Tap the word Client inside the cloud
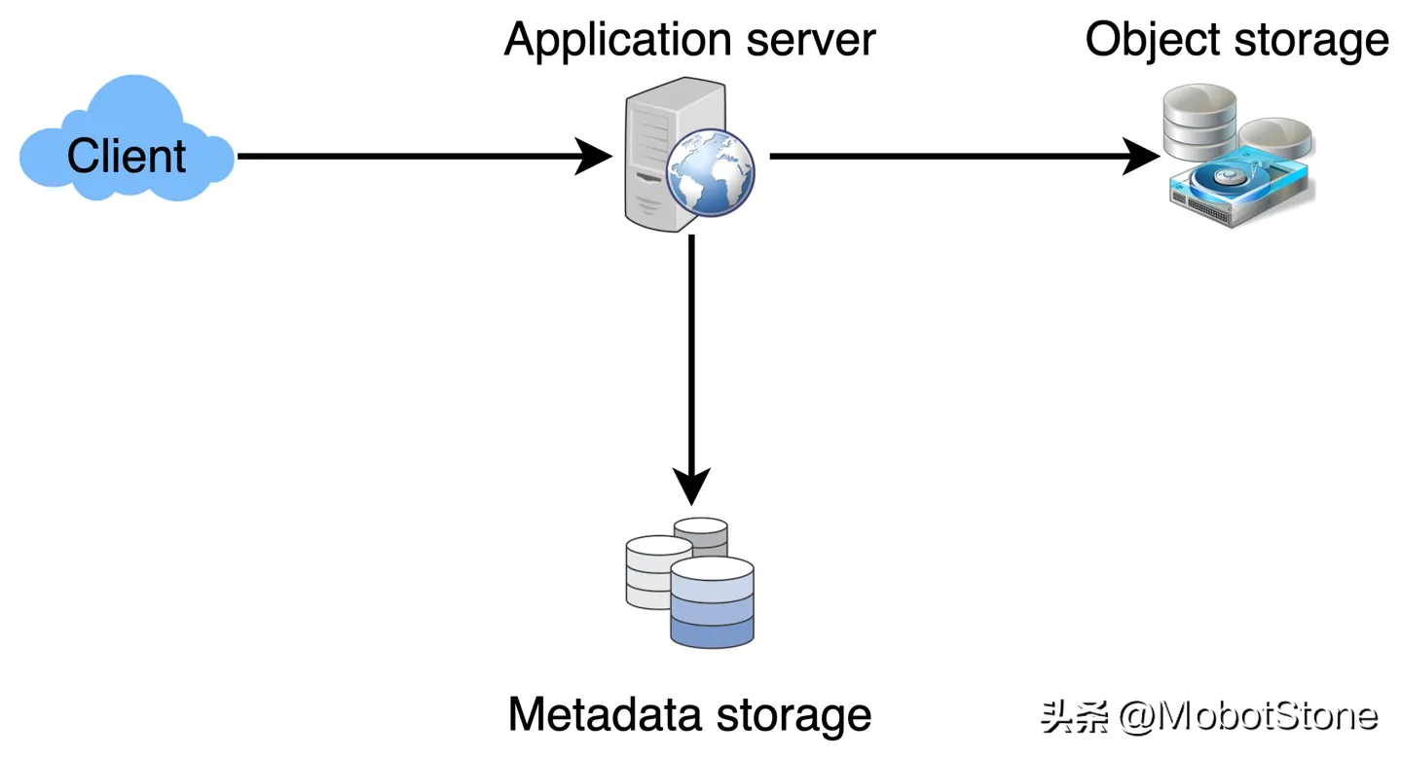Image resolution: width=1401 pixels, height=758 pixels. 127,156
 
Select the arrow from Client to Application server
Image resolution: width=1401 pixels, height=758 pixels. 409,156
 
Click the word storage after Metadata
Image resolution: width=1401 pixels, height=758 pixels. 793,715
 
